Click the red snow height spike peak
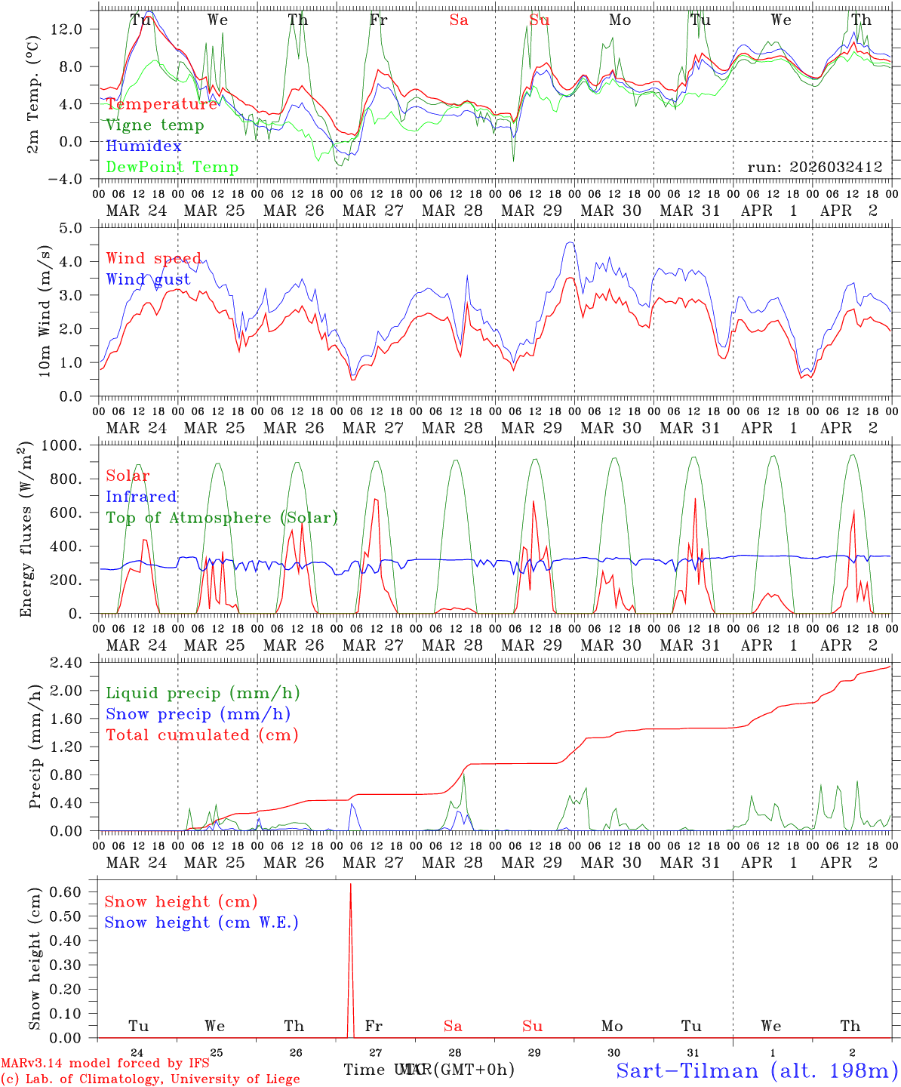(x=350, y=885)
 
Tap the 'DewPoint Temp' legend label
(x=172, y=167)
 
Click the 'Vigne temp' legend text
(x=155, y=125)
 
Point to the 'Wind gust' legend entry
(x=148, y=279)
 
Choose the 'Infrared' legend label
(x=141, y=497)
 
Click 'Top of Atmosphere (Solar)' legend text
(x=222, y=518)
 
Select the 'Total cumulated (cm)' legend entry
(x=201, y=734)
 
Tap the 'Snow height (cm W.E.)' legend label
(x=201, y=922)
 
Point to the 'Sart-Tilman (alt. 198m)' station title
(x=757, y=1070)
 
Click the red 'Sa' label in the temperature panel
(x=459, y=20)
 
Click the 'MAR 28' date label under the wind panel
(x=452, y=428)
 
